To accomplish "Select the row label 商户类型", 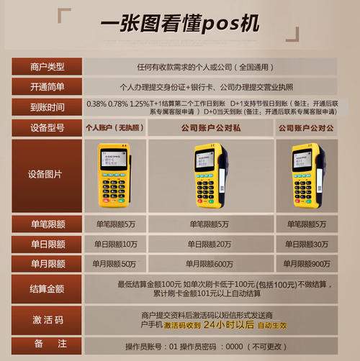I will point(48,67).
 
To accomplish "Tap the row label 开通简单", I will point(48,87).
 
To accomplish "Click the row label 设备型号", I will point(48,128).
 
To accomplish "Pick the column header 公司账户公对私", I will point(209,128).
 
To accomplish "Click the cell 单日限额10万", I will point(115,245).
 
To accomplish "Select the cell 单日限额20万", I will point(209,245).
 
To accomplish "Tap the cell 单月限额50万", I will point(115,264).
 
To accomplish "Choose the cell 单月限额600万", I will point(209,264).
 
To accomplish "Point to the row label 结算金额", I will point(48,289).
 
